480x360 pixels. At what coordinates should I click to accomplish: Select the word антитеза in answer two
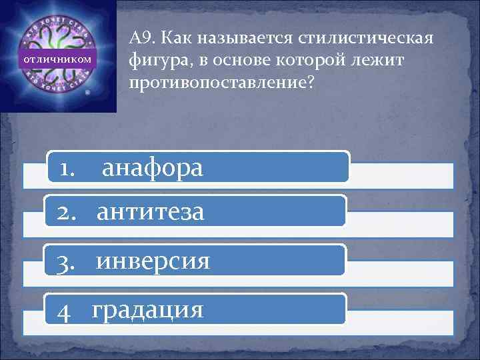[x=150, y=213]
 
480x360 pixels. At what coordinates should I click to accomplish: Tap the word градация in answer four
[x=147, y=309]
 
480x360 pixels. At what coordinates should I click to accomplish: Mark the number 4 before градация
[x=64, y=310]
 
